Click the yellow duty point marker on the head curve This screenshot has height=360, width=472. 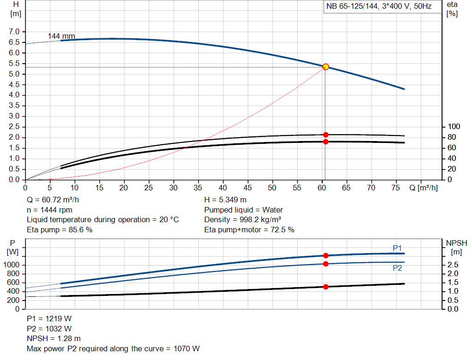point(325,67)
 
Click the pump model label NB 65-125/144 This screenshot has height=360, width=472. point(378,7)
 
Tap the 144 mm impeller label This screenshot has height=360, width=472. point(61,36)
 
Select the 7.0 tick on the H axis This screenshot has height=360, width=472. point(14,32)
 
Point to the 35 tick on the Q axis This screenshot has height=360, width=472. point(198,188)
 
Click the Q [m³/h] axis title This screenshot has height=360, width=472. point(423,188)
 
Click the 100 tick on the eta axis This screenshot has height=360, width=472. point(454,127)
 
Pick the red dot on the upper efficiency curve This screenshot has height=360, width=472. point(325,135)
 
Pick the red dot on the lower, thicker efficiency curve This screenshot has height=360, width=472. point(325,142)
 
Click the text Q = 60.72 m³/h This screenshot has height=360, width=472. point(56,200)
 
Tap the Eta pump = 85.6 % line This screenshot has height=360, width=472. point(59,230)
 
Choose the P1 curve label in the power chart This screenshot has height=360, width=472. point(397,248)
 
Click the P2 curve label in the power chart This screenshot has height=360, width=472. point(397,268)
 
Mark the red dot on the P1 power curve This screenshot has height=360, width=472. point(325,255)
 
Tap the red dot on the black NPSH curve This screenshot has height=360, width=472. point(325,287)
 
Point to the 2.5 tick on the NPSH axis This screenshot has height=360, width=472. point(453,265)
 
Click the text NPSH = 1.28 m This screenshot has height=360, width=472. point(54,339)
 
